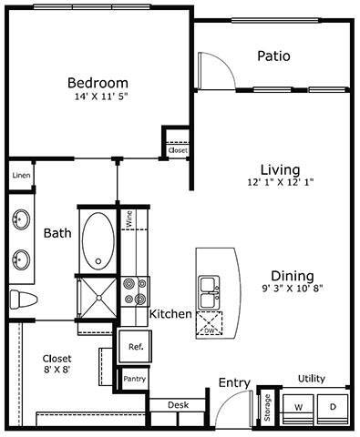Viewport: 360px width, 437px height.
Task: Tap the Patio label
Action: [273, 56]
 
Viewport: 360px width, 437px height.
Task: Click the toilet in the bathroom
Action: [21, 299]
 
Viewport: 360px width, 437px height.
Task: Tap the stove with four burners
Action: [135, 290]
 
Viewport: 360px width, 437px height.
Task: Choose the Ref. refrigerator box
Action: [135, 347]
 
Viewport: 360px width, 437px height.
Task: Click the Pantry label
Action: [134, 378]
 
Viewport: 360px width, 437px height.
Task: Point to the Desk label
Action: [179, 404]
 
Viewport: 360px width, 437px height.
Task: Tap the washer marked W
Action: [297, 405]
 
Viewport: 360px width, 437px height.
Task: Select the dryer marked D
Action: [333, 405]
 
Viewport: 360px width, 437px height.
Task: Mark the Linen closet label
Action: [20, 175]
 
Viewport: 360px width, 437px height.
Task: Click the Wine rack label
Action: [129, 218]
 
